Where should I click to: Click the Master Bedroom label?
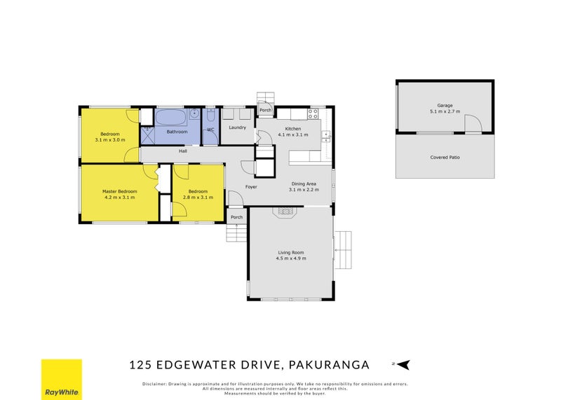click(x=119, y=191)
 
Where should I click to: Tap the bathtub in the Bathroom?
click(x=172, y=116)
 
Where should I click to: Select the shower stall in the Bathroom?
click(x=147, y=134)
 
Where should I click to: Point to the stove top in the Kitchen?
click(x=313, y=112)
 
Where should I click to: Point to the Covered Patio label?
click(x=445, y=157)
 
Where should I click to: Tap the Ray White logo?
click(x=61, y=379)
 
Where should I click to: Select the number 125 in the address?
click(x=141, y=364)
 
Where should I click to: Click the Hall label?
click(x=182, y=151)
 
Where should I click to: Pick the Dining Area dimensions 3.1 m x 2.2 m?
click(x=305, y=190)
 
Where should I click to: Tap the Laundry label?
click(x=237, y=127)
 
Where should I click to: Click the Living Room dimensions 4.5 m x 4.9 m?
click(x=290, y=258)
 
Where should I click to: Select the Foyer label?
click(x=250, y=187)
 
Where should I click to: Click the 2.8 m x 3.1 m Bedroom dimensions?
click(x=197, y=198)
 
